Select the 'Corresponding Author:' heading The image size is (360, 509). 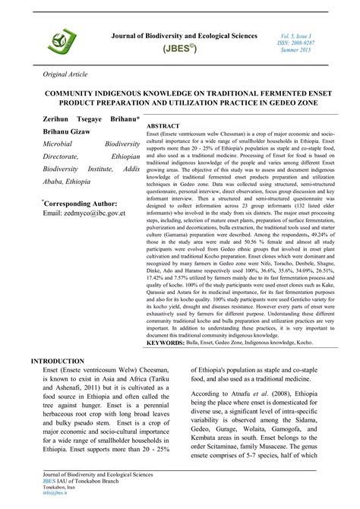click(x=84, y=203)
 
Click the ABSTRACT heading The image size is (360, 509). click(x=163, y=124)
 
